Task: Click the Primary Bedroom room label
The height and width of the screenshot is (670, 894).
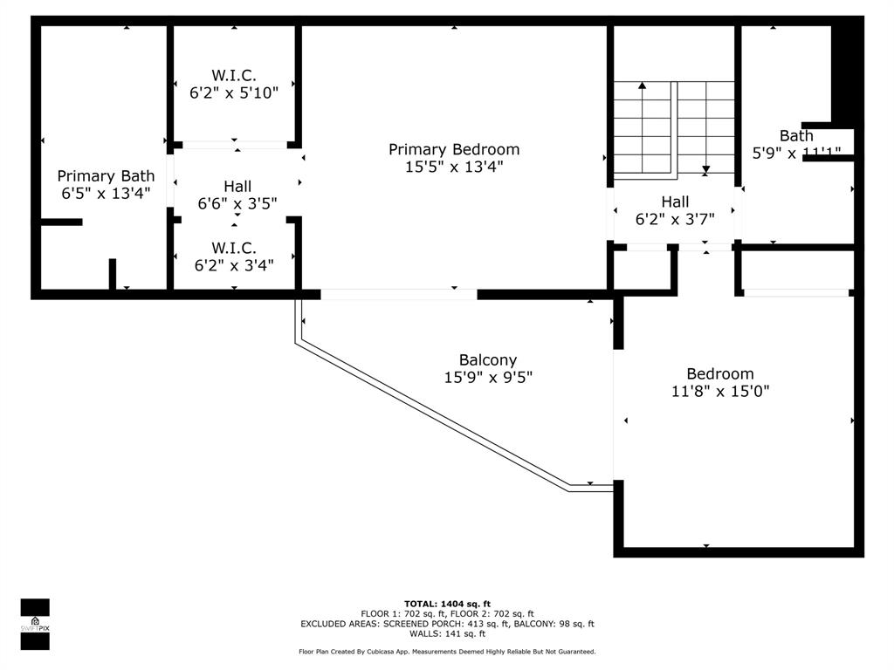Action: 453,149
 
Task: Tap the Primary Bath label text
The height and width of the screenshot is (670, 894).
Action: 106,176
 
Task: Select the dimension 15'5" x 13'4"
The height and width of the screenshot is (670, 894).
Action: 453,167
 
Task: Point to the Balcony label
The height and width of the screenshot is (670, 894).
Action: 488,359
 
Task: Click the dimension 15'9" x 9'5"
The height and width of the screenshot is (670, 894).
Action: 488,378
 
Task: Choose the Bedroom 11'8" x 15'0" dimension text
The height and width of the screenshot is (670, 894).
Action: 719,392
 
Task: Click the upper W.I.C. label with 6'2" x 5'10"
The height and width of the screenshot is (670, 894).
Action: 234,75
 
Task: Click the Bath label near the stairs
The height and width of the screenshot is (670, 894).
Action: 796,135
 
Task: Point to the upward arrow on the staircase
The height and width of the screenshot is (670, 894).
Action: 643,85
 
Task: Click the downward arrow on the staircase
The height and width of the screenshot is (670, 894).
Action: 705,170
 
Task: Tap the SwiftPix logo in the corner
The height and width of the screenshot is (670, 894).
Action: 35,624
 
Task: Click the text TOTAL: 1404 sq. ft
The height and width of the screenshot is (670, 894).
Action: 447,604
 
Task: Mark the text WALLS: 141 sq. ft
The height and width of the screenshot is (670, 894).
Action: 447,634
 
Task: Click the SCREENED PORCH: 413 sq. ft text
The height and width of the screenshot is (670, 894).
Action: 447,624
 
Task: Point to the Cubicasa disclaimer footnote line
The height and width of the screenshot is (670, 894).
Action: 447,652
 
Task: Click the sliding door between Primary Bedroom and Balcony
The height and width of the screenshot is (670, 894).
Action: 399,294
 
